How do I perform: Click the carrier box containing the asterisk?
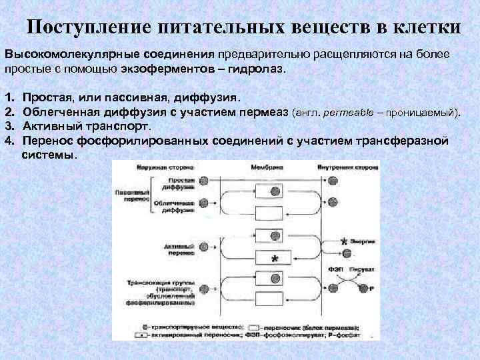click(275, 258)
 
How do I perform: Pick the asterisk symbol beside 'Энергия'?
click(344, 241)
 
